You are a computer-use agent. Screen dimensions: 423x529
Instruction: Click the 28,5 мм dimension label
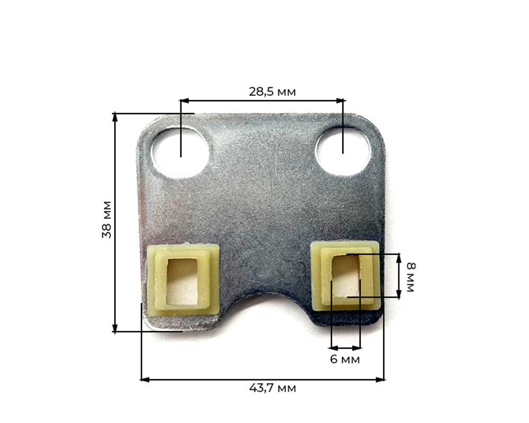(272, 92)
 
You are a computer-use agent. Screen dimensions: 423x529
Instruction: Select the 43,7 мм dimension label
(272, 388)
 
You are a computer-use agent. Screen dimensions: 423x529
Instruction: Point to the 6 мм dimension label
(344, 359)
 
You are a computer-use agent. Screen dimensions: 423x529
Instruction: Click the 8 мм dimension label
(411, 276)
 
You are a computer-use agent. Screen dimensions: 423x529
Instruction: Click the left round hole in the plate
(180, 152)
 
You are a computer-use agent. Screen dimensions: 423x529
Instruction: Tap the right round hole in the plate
(343, 150)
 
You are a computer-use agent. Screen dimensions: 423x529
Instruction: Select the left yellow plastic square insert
(184, 279)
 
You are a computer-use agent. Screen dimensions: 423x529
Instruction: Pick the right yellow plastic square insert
(345, 274)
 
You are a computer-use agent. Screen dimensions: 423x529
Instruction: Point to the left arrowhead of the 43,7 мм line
(143, 379)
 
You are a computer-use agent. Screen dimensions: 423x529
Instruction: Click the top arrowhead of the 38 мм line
(115, 116)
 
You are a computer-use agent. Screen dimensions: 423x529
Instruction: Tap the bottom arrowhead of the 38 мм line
(115, 329)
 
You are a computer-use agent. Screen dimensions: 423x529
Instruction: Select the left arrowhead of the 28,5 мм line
(183, 100)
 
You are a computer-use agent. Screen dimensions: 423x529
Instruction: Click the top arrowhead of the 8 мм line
(399, 257)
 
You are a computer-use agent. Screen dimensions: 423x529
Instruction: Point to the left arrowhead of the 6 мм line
(333, 348)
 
